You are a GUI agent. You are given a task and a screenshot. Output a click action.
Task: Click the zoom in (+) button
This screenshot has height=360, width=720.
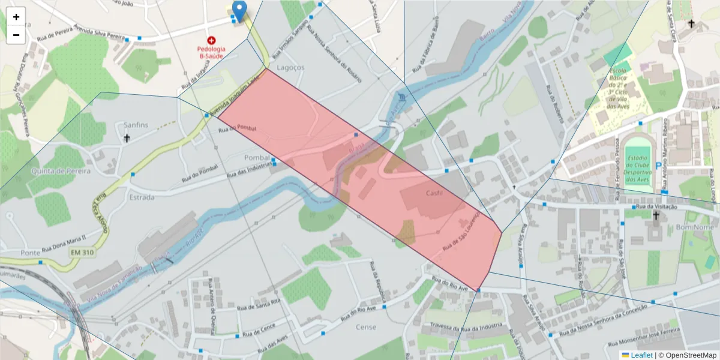tap(16, 17)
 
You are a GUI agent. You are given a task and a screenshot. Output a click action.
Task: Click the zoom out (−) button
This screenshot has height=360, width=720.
tap(16, 35)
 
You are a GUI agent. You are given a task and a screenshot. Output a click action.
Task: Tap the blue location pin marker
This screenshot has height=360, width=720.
tap(239, 11)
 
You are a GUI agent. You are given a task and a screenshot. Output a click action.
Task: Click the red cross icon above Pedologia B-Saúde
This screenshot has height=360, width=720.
tap(211, 40)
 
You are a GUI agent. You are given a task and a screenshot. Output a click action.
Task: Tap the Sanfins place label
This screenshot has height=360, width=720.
tap(136, 125)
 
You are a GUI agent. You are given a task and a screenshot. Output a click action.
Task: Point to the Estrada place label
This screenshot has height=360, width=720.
tap(142, 197)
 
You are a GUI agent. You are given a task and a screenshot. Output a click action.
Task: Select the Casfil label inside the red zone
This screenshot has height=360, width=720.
tap(434, 193)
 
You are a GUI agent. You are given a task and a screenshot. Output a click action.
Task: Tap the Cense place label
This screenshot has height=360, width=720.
tap(365, 327)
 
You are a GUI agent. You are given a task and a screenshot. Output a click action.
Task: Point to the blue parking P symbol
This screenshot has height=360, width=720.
tap(658, 166)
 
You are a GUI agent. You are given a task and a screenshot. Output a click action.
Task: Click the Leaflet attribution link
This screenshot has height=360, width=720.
tap(641, 355)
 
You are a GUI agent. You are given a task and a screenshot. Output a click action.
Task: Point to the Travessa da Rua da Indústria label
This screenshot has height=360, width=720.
tap(466, 328)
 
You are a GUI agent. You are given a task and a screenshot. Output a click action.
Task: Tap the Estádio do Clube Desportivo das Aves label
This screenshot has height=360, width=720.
tap(637, 167)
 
